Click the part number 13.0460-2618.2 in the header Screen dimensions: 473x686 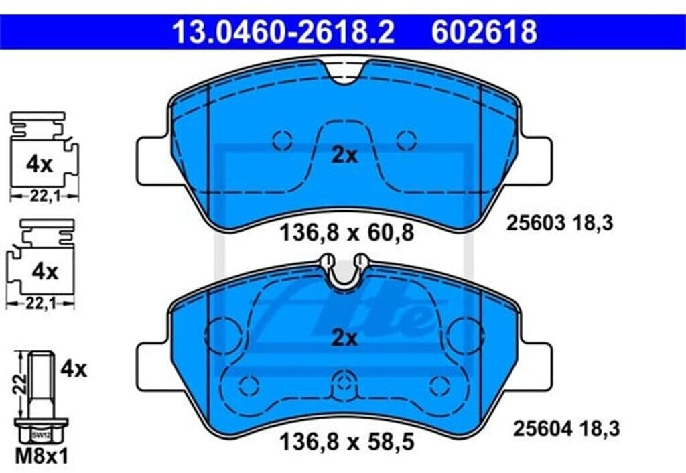[x=283, y=31]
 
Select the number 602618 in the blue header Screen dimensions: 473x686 [x=484, y=31]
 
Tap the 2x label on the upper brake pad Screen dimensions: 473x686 [x=345, y=155]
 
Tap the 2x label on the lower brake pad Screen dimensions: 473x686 [x=345, y=338]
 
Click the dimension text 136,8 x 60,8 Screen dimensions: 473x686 [x=346, y=233]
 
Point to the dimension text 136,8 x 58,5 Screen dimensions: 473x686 [x=344, y=444]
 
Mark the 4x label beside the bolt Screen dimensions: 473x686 [x=73, y=368]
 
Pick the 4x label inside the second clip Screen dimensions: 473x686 [x=45, y=272]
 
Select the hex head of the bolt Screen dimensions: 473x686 [x=40, y=433]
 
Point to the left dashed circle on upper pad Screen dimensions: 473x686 [x=282, y=140]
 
